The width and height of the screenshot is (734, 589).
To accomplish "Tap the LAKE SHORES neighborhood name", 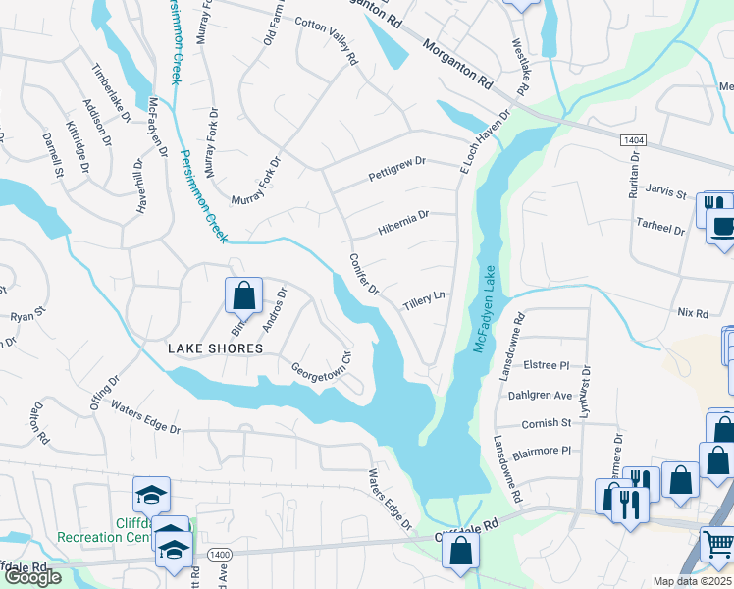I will point(215,348).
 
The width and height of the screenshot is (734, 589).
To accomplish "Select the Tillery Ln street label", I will point(424,301).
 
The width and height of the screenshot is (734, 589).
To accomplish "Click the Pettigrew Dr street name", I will point(396,168).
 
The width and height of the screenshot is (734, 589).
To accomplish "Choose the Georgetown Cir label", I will point(321,369).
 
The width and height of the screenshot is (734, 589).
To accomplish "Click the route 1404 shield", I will point(632,141).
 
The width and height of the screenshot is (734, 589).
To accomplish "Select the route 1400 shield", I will point(220,555).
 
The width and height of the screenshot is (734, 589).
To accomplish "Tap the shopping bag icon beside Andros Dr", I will point(243,294).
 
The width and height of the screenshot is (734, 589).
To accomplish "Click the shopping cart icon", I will point(717,544).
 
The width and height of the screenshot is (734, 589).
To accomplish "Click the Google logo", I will point(33,576).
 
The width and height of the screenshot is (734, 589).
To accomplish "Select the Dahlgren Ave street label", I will point(540,395).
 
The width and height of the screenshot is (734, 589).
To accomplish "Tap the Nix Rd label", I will point(692,313).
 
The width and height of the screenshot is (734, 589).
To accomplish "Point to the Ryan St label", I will point(27,317).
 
